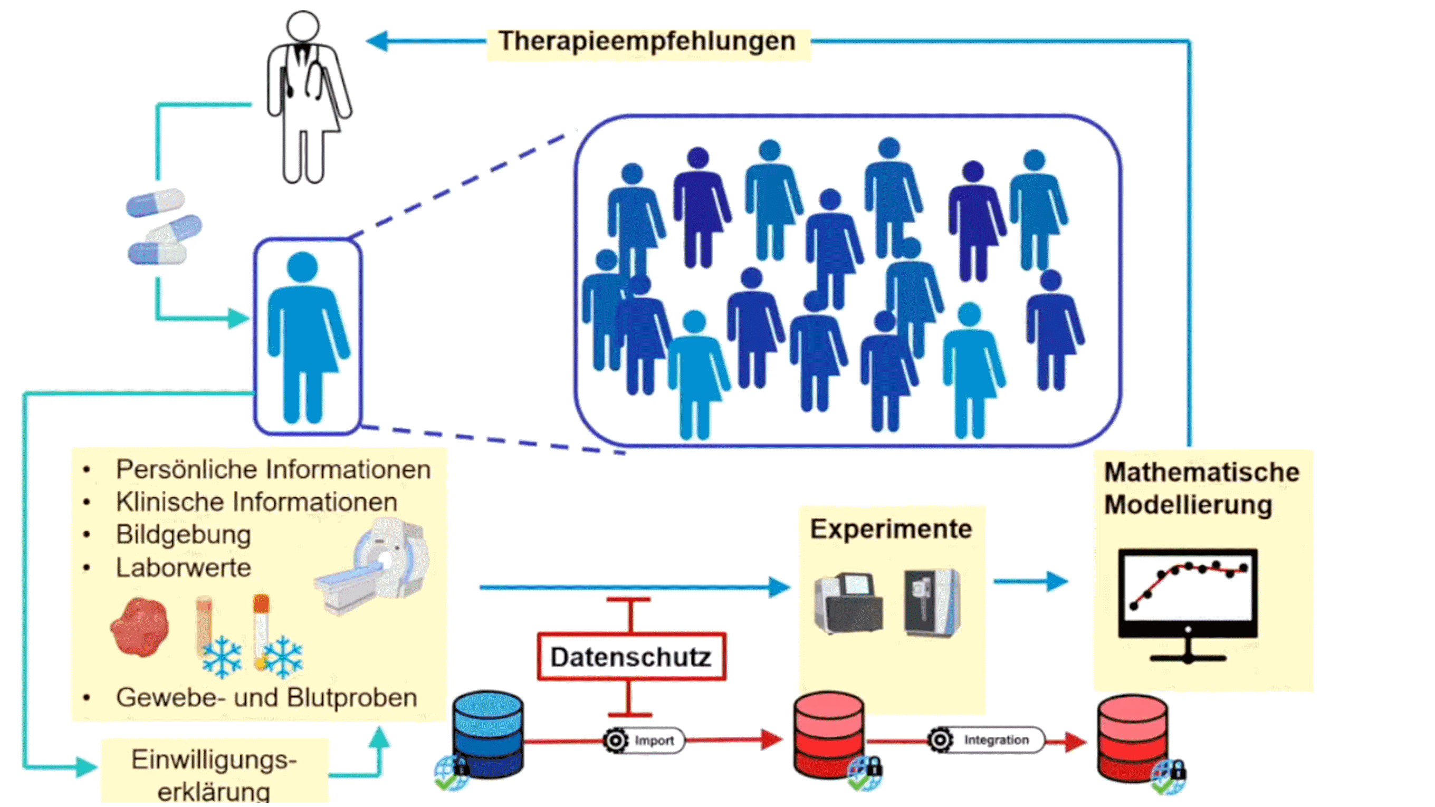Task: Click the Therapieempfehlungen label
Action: coord(647,42)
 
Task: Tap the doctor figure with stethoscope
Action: coord(305,98)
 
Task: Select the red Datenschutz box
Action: coord(631,657)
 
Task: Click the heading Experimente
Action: coord(890,529)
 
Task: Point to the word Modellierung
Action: coord(1188,505)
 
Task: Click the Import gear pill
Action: coord(644,741)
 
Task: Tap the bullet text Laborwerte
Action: coord(183,568)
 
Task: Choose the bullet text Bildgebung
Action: coord(183,535)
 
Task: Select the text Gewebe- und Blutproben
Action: coord(266,698)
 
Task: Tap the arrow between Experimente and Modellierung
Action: coord(1030,581)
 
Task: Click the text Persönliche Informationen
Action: coord(273,469)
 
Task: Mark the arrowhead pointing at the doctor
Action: coord(378,41)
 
